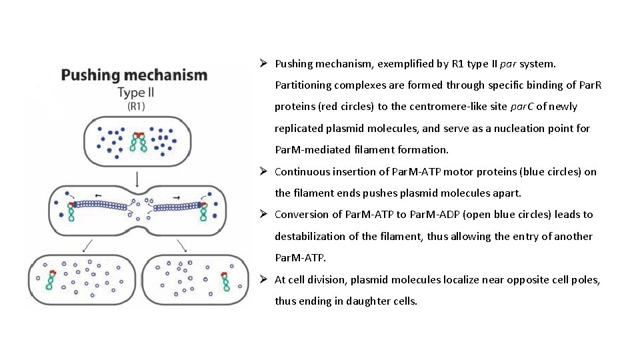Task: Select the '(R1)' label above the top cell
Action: click(x=137, y=106)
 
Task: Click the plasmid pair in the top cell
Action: click(x=139, y=142)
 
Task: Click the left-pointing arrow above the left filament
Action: click(x=98, y=196)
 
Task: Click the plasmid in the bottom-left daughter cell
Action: click(x=51, y=280)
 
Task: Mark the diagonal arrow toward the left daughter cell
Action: click(x=86, y=245)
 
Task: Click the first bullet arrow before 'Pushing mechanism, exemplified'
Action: click(x=264, y=64)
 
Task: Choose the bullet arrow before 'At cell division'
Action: click(x=264, y=280)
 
